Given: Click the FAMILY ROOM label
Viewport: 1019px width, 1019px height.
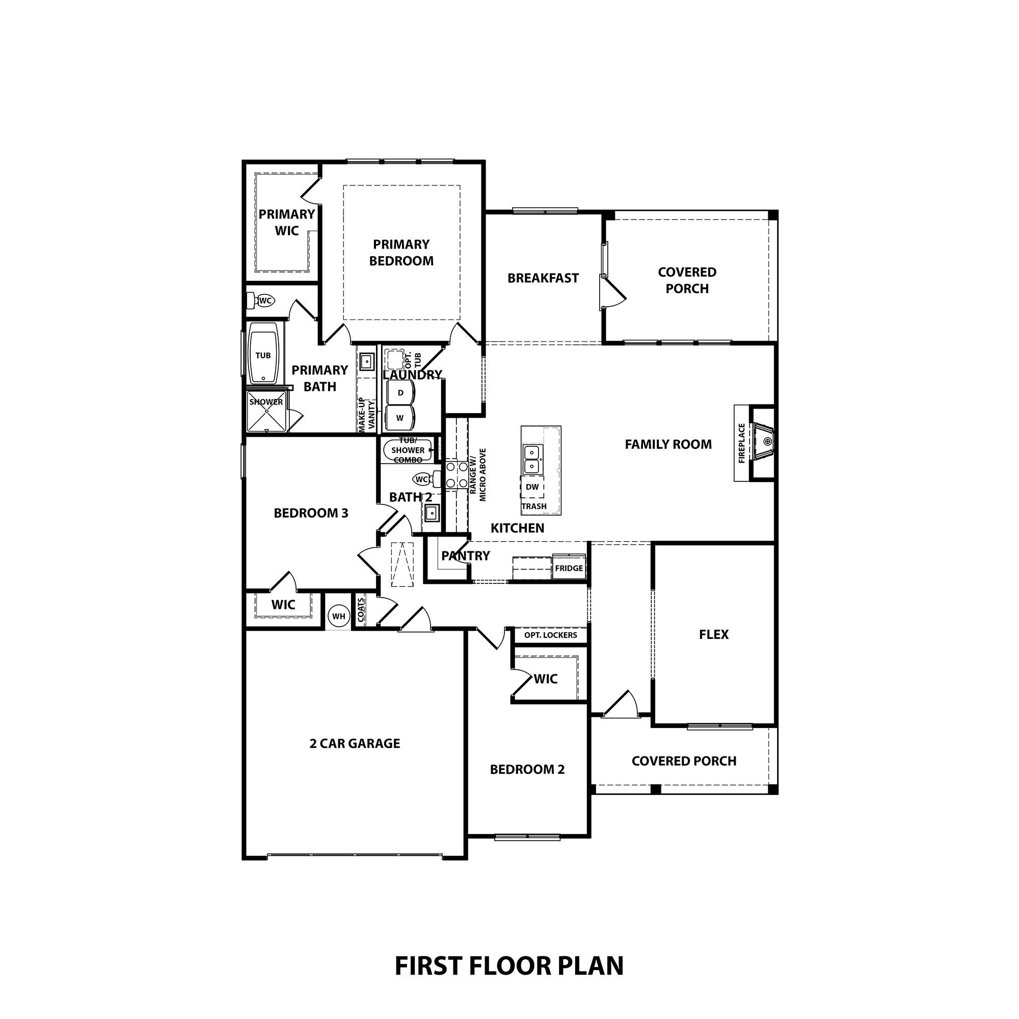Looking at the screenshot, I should click(668, 445).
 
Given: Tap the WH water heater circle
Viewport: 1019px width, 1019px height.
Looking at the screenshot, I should click(339, 616).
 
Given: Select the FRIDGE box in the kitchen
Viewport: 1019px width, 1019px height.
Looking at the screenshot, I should click(569, 568).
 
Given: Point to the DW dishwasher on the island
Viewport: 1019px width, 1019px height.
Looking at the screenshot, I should click(532, 487).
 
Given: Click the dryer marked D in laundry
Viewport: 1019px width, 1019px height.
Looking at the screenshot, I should click(401, 393).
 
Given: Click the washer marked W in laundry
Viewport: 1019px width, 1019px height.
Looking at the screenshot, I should click(400, 418).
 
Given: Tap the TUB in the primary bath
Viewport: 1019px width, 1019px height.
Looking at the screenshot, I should click(263, 356).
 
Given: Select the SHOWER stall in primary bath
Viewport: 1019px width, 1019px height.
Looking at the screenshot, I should click(266, 411).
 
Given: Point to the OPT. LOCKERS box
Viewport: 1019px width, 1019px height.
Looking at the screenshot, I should click(550, 635).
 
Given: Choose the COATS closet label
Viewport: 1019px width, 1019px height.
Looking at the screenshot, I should click(361, 610).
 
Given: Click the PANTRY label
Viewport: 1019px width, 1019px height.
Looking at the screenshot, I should click(465, 555).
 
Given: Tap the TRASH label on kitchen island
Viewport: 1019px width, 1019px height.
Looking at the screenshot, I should click(534, 506).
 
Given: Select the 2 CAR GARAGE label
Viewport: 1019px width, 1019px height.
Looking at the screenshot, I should click(355, 744).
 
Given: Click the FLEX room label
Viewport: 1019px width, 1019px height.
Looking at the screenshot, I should click(714, 634).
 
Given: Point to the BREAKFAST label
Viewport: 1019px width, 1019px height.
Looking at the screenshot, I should click(543, 278).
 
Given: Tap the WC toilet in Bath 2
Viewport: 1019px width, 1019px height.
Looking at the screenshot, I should click(422, 479).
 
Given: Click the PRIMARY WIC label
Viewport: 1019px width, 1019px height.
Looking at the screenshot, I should click(286, 222).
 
